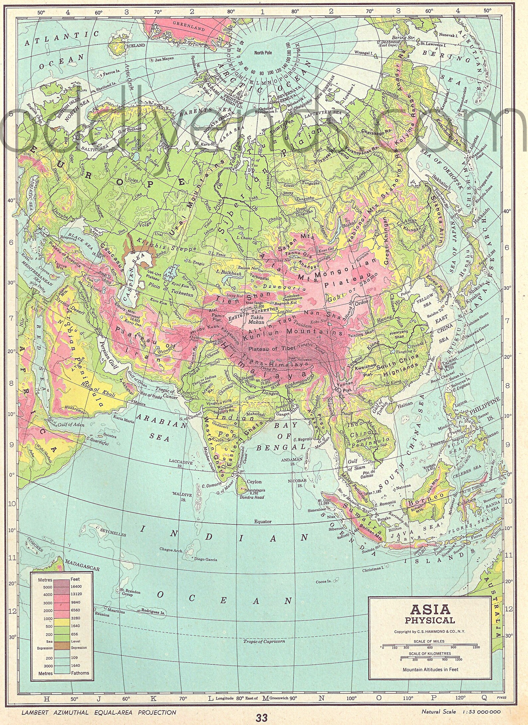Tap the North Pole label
pyautogui.click(x=263, y=53)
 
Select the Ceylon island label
pyautogui.click(x=254, y=481)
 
